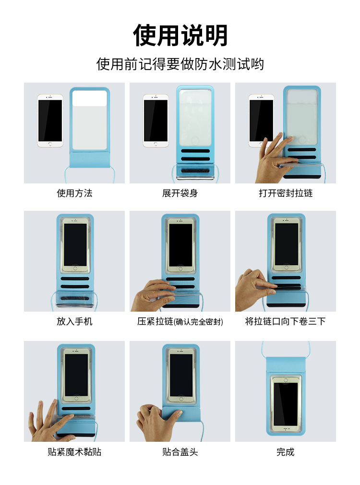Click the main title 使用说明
tap(180, 35)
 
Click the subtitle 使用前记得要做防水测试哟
tap(180, 64)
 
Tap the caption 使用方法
tap(74, 193)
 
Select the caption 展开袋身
tap(180, 193)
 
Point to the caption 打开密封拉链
tap(286, 193)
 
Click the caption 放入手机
tap(74, 321)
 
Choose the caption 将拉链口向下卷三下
tap(286, 321)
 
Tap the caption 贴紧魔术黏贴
tap(74, 452)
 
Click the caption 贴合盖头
tap(180, 452)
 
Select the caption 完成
tap(286, 452)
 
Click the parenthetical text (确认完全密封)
tap(198, 322)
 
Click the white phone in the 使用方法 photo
tap(50, 121)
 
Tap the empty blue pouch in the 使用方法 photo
tap(89, 127)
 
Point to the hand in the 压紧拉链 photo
tap(153, 295)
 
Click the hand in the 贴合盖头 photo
tap(158, 422)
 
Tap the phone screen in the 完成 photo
tap(286, 404)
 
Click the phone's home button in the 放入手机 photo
tap(75, 268)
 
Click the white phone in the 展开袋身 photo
tap(156, 121)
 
